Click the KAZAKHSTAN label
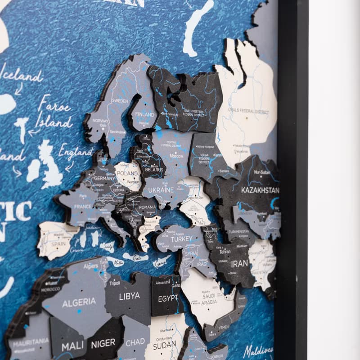point(260,190)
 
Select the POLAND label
point(128,173)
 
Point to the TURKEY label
point(181,239)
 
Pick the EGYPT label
point(168,298)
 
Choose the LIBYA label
point(129,296)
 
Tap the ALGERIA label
point(79,302)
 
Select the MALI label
point(72,347)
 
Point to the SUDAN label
point(164,346)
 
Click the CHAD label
point(135,342)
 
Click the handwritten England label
point(75,153)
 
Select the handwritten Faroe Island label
point(54,112)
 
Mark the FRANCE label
point(82,207)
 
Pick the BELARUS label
point(153,170)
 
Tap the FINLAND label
point(144,115)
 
